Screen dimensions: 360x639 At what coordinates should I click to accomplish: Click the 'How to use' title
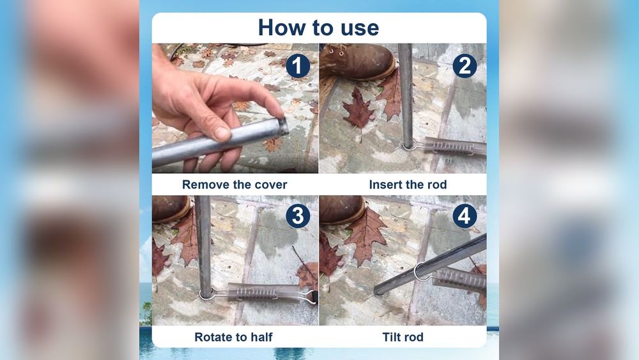point(318,27)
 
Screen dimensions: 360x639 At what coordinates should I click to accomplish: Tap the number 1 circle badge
point(297,66)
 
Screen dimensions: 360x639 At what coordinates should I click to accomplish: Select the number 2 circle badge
point(465,66)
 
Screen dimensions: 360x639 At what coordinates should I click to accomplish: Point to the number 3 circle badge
point(298,217)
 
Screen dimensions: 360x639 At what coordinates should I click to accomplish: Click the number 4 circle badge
point(465,217)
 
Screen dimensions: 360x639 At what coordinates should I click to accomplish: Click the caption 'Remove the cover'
point(235,185)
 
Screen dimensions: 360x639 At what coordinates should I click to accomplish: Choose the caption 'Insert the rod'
point(408,185)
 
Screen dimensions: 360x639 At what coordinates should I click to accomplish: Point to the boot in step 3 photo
point(170,208)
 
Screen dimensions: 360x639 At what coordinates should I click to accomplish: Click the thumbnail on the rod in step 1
point(222,133)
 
